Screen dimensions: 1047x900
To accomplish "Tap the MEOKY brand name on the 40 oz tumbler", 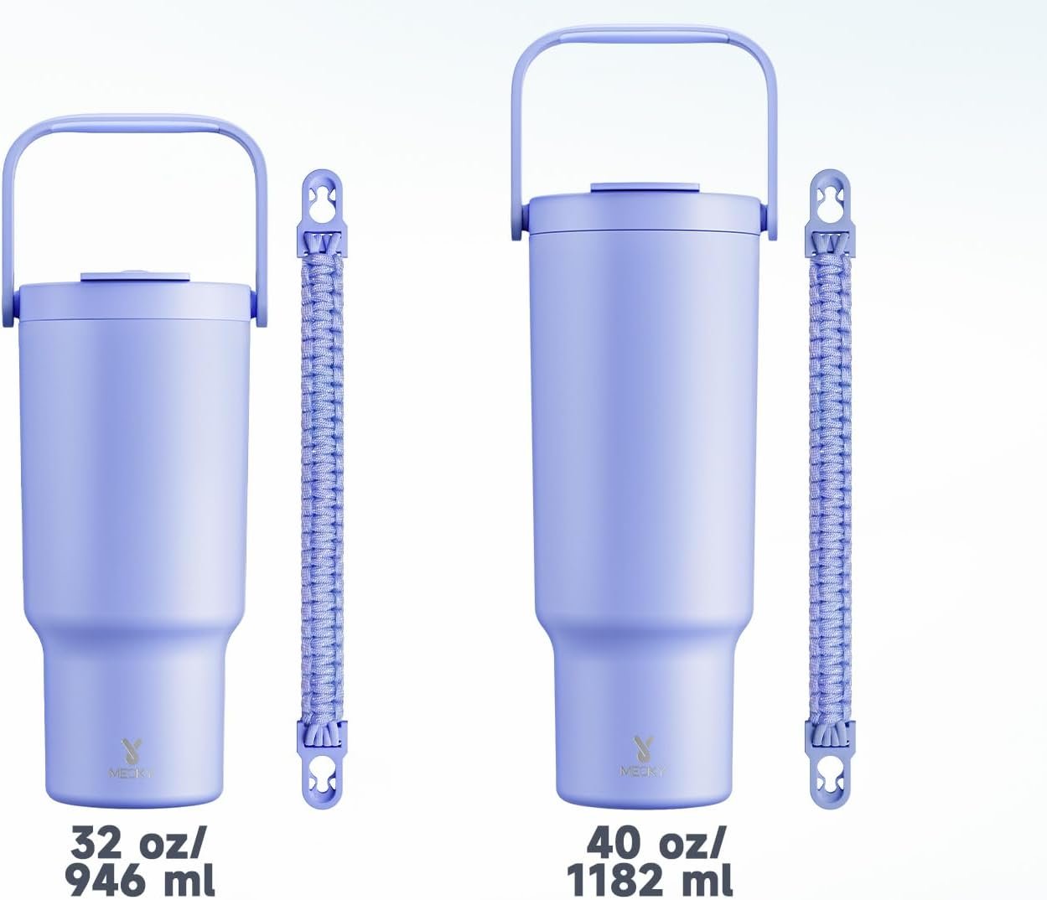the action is click(x=643, y=771).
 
